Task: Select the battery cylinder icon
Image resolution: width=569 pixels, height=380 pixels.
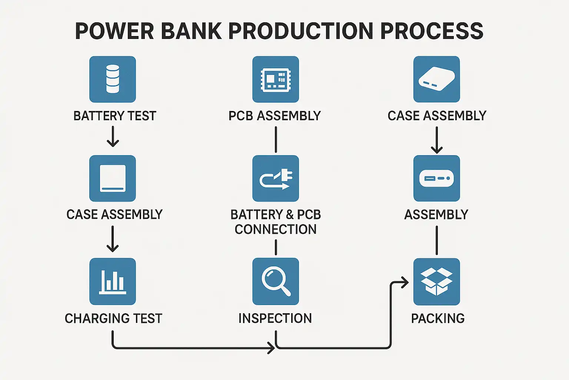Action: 113,79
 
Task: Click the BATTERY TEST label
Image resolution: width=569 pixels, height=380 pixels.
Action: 115,116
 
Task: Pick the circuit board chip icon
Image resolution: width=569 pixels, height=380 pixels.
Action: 276,79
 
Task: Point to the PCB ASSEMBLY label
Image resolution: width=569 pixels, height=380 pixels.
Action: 274,116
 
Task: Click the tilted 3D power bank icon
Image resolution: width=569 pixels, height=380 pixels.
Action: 436,79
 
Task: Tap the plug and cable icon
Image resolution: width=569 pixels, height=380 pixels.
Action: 276,178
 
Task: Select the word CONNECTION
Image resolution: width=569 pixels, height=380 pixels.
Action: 276,229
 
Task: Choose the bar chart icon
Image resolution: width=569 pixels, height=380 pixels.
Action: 113,281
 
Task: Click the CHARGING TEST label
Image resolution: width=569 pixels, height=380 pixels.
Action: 113,318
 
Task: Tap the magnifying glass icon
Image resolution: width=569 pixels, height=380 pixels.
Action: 276,281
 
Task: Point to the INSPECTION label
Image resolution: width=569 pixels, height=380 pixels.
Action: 275,318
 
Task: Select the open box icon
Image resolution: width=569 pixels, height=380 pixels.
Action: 436,281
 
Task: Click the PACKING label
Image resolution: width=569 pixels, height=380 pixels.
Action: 438,318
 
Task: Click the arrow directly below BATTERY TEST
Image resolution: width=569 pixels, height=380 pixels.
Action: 113,136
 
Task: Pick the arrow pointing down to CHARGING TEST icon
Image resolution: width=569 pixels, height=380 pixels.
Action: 113,239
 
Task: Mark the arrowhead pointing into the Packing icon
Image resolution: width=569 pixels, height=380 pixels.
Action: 405,282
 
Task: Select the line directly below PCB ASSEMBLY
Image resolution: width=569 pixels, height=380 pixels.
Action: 276,140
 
